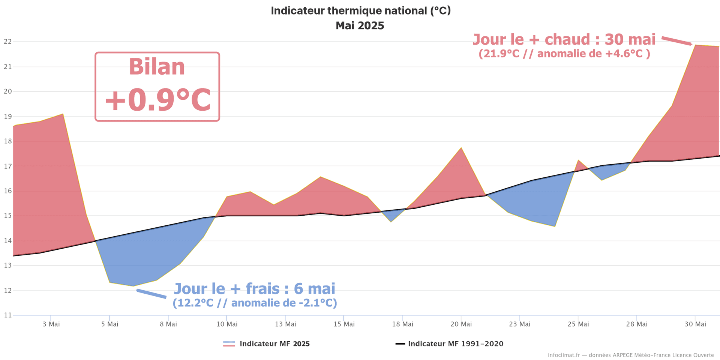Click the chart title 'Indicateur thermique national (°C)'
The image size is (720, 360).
[x=360, y=11]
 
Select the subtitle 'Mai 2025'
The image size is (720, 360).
[x=360, y=26]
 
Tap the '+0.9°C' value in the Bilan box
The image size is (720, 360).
[x=157, y=100]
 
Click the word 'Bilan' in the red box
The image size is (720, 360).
[x=157, y=67]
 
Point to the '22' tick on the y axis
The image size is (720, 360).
[x=7, y=42]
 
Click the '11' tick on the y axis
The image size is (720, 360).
[x=7, y=315]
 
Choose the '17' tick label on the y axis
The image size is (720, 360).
[x=7, y=166]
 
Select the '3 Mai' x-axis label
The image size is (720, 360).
[x=51, y=324]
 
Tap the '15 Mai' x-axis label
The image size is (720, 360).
[x=344, y=324]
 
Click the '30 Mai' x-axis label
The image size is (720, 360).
[x=695, y=324]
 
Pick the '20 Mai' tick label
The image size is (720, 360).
[x=461, y=324]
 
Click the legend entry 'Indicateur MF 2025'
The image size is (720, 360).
[x=274, y=344]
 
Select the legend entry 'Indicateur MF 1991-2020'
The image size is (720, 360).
[x=456, y=344]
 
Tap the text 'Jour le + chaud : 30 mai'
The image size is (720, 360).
[x=564, y=40]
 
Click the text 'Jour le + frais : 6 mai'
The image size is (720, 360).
[x=255, y=289]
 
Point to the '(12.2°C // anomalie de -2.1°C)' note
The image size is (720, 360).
[x=255, y=303]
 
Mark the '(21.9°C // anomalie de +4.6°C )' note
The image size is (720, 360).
[x=564, y=54]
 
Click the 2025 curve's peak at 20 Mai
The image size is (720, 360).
[x=461, y=148]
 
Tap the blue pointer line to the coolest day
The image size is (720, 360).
[x=151, y=294]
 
